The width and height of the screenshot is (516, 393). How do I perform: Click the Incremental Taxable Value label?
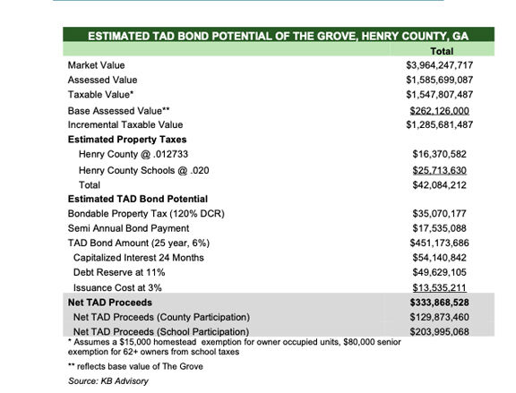coord(125,124)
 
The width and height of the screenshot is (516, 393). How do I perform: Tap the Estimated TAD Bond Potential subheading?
coord(137,199)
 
